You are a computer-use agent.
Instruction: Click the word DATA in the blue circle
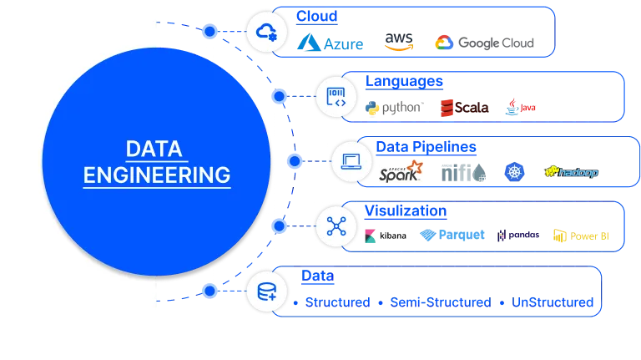coord(156,149)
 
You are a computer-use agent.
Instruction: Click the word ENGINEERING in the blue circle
coord(157,175)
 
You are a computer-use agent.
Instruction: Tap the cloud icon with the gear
coord(267,32)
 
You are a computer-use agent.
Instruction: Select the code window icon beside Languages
coord(336,96)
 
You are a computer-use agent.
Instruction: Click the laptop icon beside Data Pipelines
coord(351,161)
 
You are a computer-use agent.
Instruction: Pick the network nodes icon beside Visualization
coord(336,226)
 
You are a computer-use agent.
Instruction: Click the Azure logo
coord(331,43)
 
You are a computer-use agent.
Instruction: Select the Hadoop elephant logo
coord(572,172)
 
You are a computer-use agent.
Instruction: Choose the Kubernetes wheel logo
coord(512,172)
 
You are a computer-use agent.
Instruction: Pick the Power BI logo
coord(581,236)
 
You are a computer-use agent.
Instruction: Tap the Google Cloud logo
coord(482,43)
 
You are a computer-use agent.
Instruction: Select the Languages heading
coord(404,81)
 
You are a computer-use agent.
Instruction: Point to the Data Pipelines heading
coord(425,146)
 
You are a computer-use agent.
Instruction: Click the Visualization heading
coord(406,210)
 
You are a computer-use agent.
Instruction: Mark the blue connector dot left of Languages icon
coord(280,97)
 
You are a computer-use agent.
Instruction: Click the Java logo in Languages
coord(520,107)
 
